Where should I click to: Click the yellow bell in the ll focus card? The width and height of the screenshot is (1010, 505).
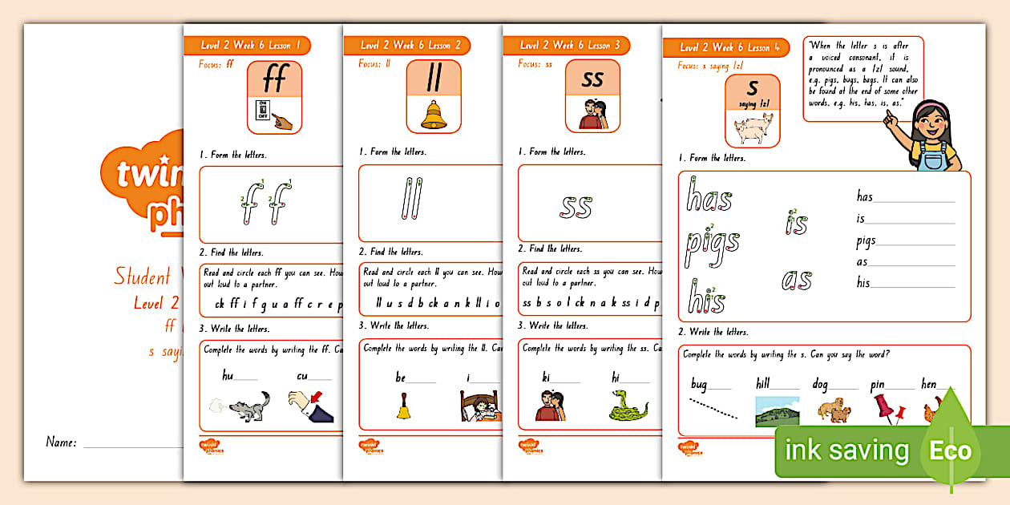pos(434,115)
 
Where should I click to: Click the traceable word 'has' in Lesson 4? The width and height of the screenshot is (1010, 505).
pos(709,196)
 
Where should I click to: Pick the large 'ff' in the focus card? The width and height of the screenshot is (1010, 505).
pos(275,79)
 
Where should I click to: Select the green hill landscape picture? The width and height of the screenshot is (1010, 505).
pos(776,410)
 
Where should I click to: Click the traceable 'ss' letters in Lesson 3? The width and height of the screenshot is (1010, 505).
pos(576,206)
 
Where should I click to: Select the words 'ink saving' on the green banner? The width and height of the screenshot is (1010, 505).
pos(846,450)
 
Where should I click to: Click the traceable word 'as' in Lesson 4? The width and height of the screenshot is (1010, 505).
pos(796,280)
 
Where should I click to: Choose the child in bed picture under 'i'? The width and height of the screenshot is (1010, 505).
pos(479,406)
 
